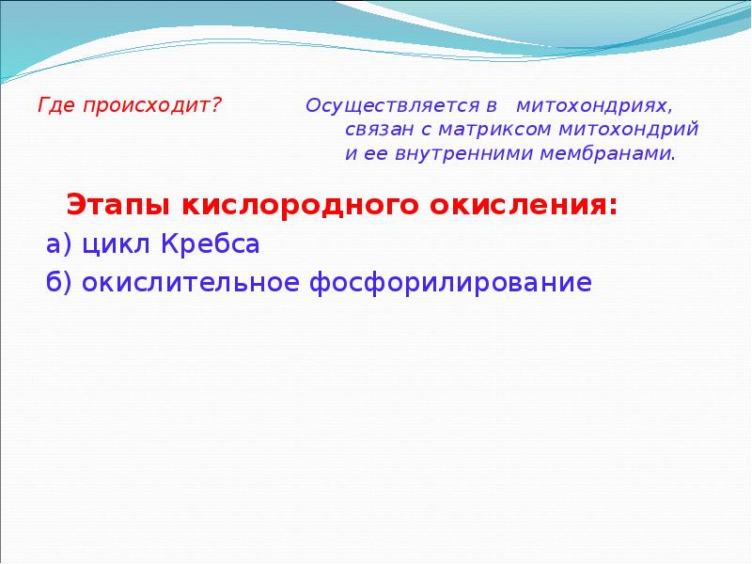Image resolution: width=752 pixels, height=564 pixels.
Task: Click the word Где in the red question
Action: click(x=55, y=104)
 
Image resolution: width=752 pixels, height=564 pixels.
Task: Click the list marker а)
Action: click(x=60, y=244)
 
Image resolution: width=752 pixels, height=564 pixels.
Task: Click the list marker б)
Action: click(x=60, y=282)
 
